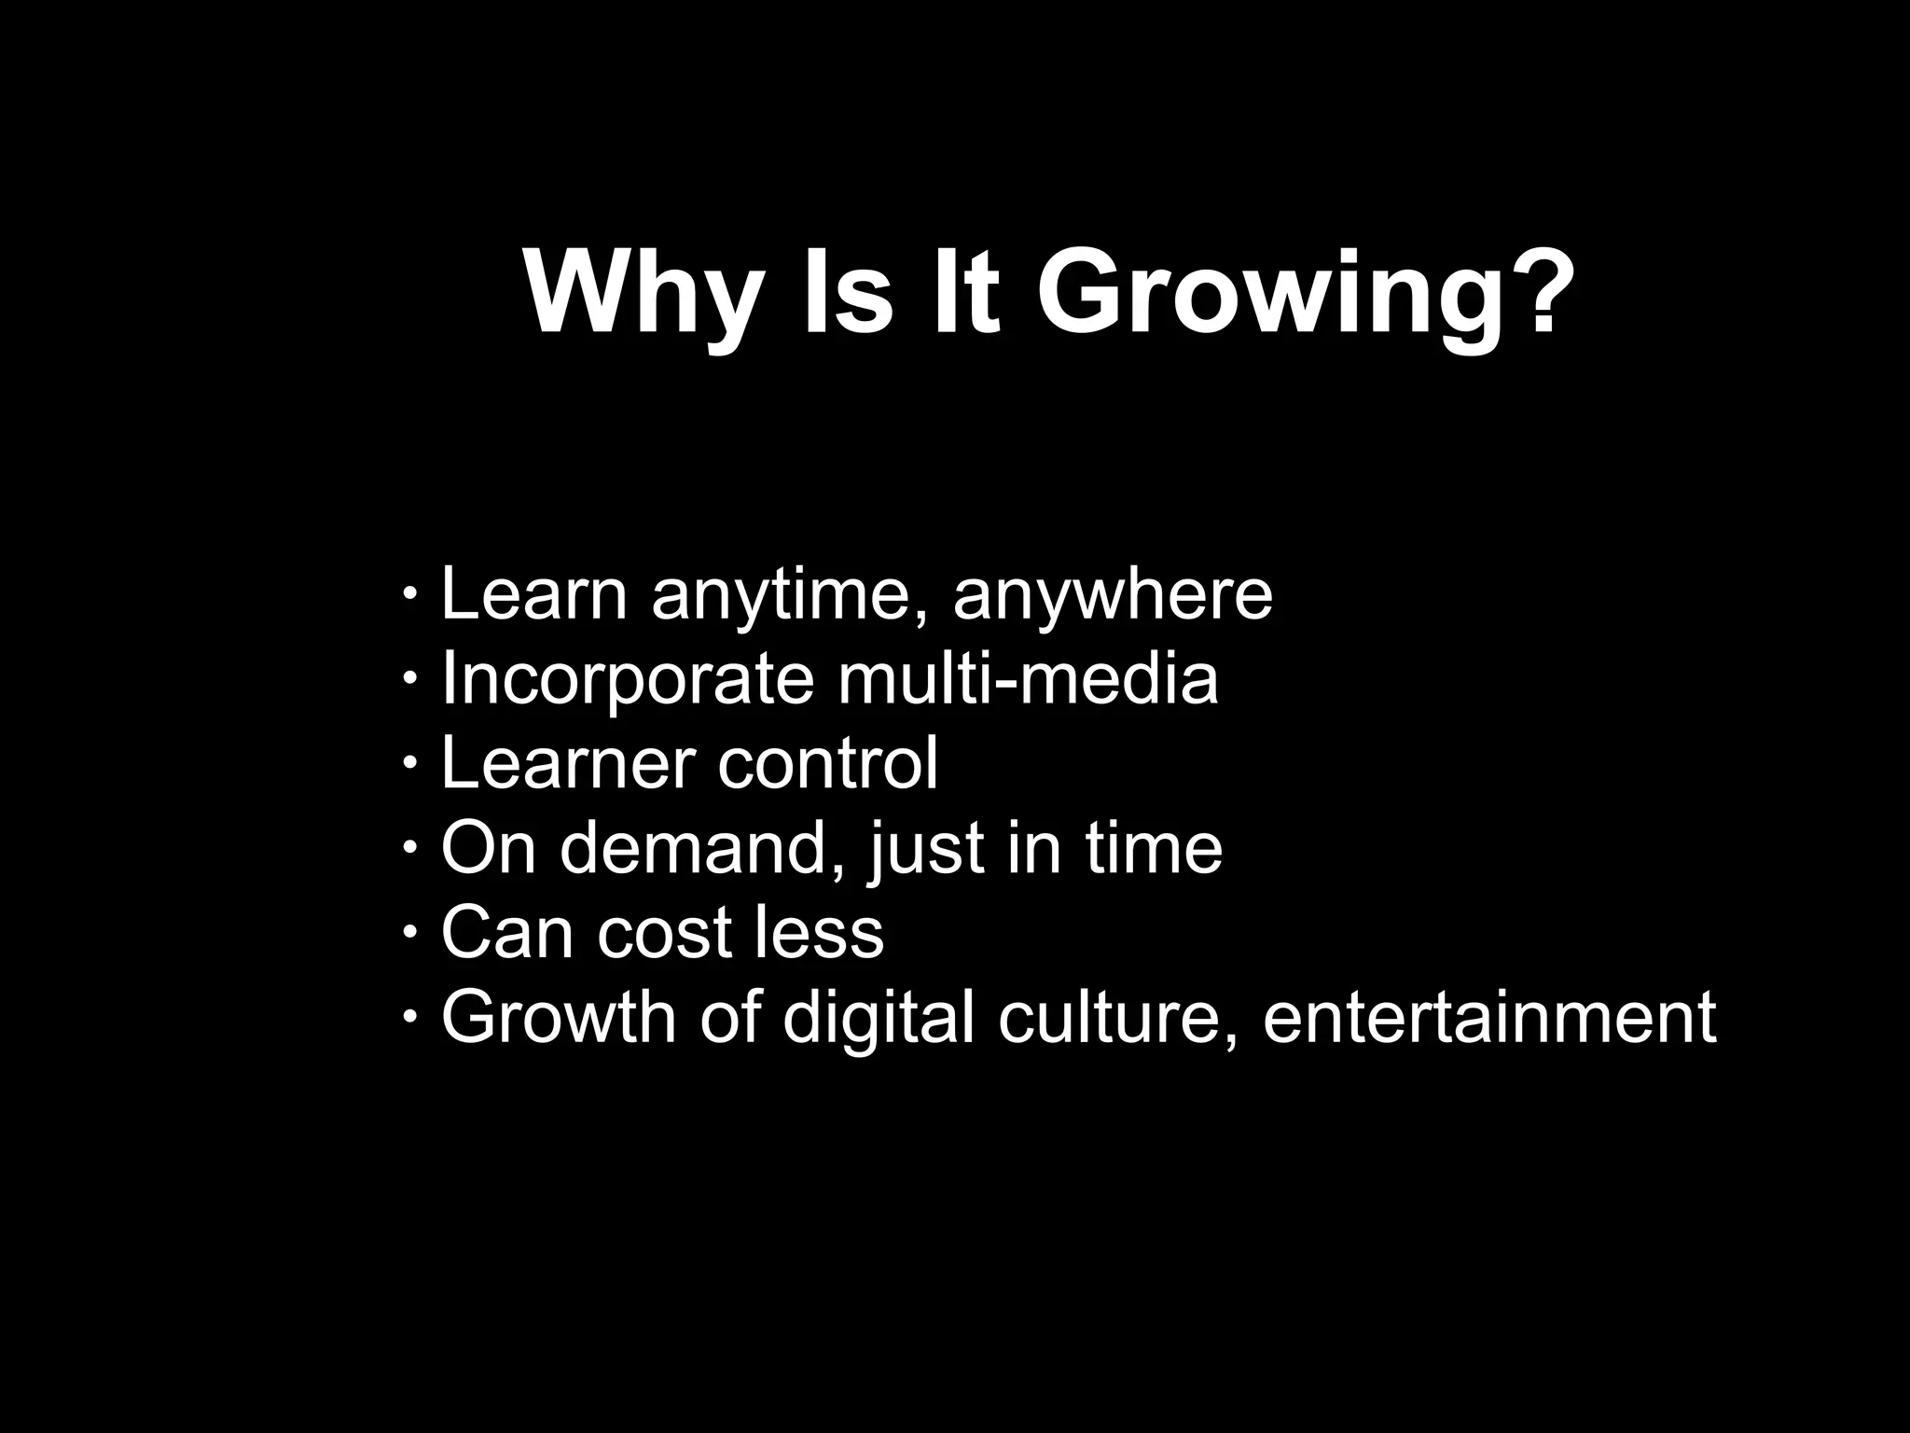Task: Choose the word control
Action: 828,763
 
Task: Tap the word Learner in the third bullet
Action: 568,763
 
